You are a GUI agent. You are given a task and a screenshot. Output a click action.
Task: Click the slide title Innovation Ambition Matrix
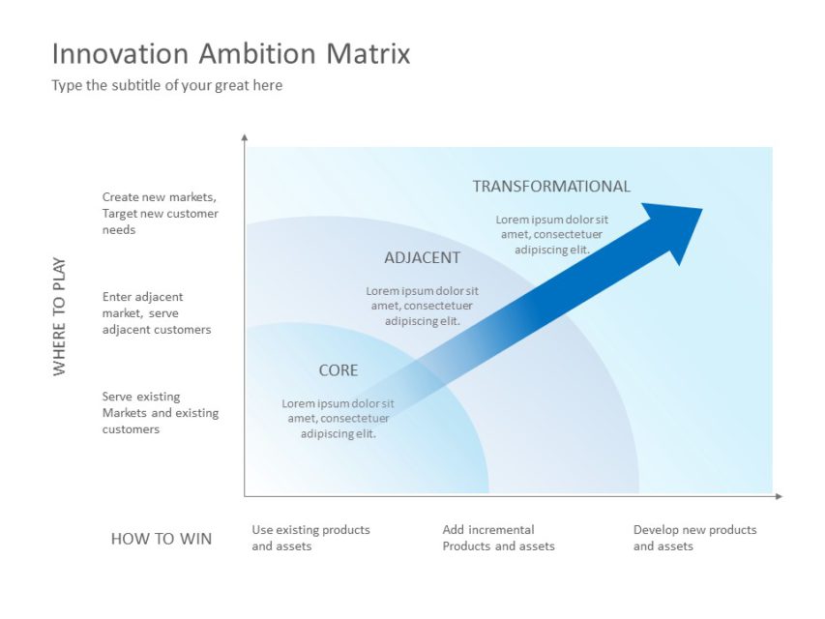(x=230, y=53)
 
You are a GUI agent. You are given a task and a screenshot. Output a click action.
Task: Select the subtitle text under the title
(x=166, y=85)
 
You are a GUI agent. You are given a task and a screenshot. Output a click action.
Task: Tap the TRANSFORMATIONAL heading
(x=550, y=186)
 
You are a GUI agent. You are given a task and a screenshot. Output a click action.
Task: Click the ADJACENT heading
(x=422, y=258)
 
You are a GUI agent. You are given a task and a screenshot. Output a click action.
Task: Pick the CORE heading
(x=338, y=370)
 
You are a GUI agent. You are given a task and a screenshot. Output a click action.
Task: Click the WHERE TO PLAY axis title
(x=60, y=316)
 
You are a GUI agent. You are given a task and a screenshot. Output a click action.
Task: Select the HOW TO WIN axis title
(x=161, y=539)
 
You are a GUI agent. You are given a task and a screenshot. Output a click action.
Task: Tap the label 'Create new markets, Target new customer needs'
(x=161, y=214)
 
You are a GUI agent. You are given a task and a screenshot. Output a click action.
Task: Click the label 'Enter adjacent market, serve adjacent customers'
(x=157, y=313)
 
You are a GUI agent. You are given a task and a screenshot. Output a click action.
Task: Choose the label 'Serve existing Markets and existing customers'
(x=161, y=413)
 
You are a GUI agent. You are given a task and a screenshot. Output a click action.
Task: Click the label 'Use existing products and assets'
(x=310, y=538)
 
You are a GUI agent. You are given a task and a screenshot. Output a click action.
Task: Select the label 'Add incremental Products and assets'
(x=498, y=538)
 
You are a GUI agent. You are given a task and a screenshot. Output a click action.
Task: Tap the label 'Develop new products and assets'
(x=694, y=538)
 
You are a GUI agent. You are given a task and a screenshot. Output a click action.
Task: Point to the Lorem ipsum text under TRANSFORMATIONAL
(x=551, y=234)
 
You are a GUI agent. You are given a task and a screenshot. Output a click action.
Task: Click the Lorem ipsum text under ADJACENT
(x=422, y=306)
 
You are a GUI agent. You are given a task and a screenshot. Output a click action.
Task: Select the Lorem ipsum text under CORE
(x=338, y=419)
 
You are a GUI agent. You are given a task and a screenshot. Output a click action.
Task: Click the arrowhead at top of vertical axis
(x=245, y=138)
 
